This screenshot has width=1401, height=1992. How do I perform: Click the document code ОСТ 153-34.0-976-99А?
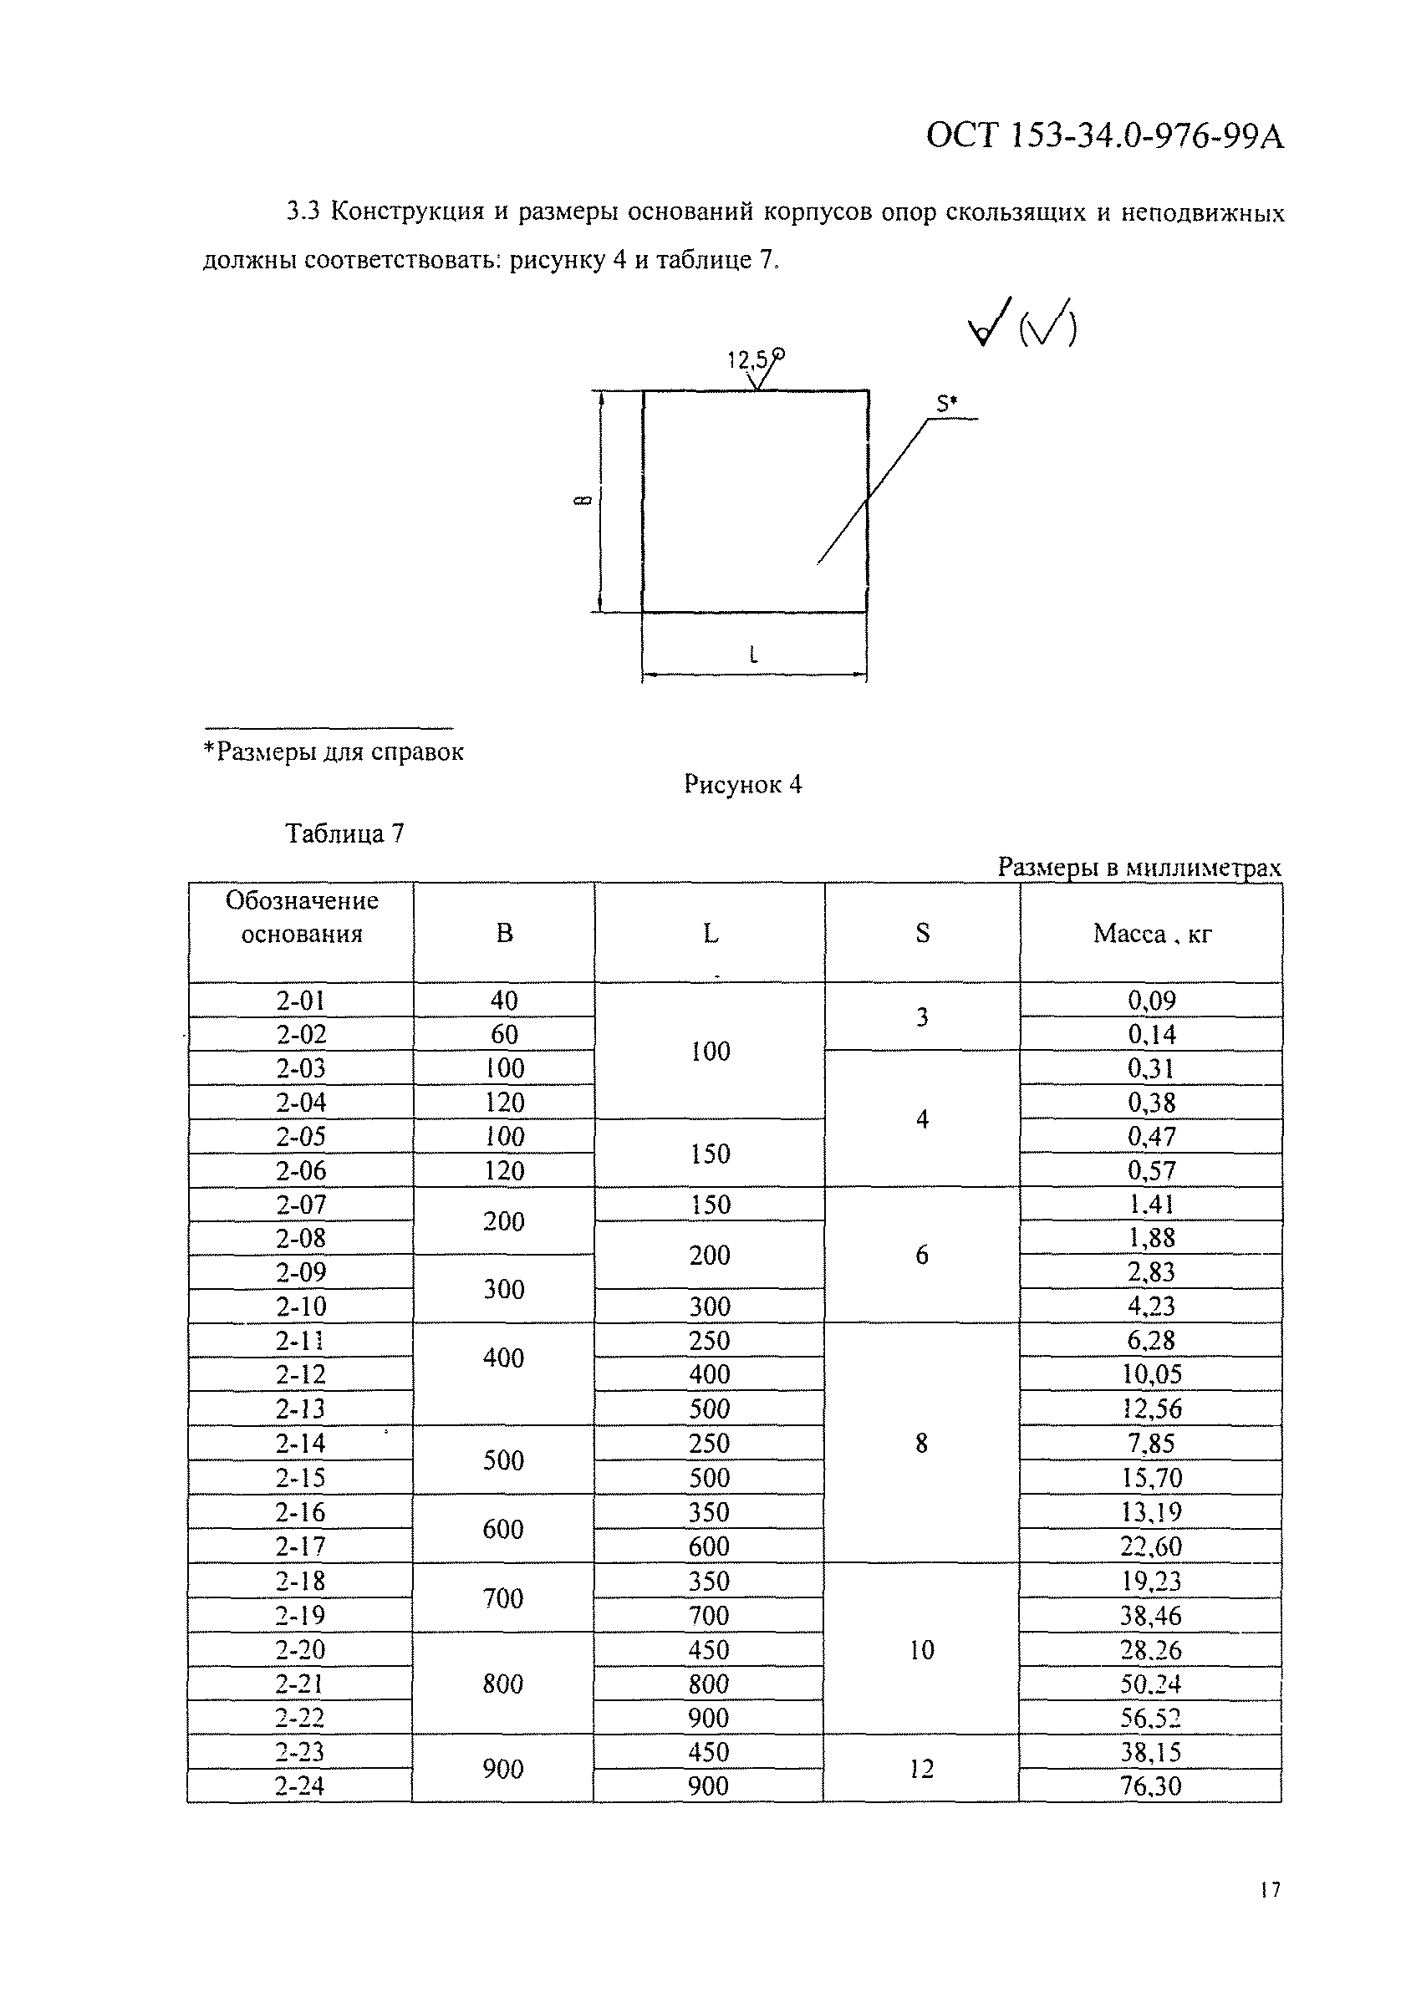[1104, 137]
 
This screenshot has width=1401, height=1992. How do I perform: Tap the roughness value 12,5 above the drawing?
[748, 359]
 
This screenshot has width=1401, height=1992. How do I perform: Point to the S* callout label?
[945, 404]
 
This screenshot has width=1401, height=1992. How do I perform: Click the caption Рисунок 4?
[742, 785]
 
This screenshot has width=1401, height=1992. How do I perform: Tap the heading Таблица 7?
[344, 833]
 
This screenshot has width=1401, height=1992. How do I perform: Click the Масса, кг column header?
[1151, 934]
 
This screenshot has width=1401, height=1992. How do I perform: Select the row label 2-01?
[300, 1001]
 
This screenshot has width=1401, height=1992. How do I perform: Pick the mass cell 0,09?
[1151, 1001]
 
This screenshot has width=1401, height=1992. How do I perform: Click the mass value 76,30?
[1150, 1786]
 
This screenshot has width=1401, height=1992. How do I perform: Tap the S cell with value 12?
[921, 1768]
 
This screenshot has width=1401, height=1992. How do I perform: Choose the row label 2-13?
[300, 1408]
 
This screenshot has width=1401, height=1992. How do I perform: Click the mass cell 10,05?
[1151, 1374]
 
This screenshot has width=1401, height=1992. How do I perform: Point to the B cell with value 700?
[503, 1598]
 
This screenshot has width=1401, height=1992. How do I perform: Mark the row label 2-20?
[300, 1649]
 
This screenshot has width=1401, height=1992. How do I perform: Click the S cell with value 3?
[922, 1016]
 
